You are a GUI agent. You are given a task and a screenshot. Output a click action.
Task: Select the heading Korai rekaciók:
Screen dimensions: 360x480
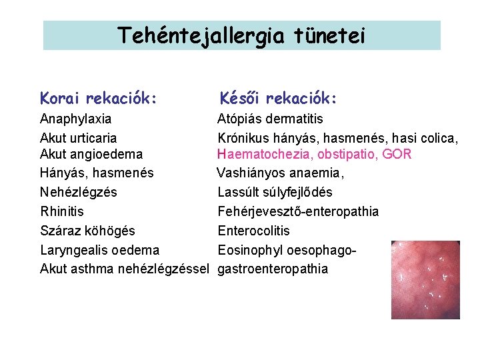point(99,99)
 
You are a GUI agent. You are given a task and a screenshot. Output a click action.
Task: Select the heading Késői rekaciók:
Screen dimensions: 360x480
point(279,99)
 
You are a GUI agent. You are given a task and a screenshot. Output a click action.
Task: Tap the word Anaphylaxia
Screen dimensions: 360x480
point(76,119)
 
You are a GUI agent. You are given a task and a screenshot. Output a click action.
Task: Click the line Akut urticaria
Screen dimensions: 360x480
point(78,138)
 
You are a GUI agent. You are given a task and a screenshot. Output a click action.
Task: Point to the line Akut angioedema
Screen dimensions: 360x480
point(91,155)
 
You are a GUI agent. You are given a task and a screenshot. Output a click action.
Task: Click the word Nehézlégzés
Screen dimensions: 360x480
point(78,193)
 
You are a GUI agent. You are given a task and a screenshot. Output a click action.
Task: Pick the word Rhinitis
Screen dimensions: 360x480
point(62,211)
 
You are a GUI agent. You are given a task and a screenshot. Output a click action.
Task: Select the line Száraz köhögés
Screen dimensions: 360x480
point(87,231)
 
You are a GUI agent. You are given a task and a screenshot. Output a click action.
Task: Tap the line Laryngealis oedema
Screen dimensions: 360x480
point(100,250)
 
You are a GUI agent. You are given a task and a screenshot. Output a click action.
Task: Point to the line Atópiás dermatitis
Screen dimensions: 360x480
point(270,119)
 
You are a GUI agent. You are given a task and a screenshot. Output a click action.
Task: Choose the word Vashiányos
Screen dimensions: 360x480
point(251,173)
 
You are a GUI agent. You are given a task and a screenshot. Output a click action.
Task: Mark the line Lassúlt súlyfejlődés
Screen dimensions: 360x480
point(275,193)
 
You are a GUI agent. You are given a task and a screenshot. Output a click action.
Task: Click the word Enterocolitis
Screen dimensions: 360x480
point(253,231)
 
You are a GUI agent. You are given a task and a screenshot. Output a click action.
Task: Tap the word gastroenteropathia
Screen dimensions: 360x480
point(273,269)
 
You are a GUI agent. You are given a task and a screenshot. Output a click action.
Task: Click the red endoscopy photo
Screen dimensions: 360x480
point(425,279)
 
